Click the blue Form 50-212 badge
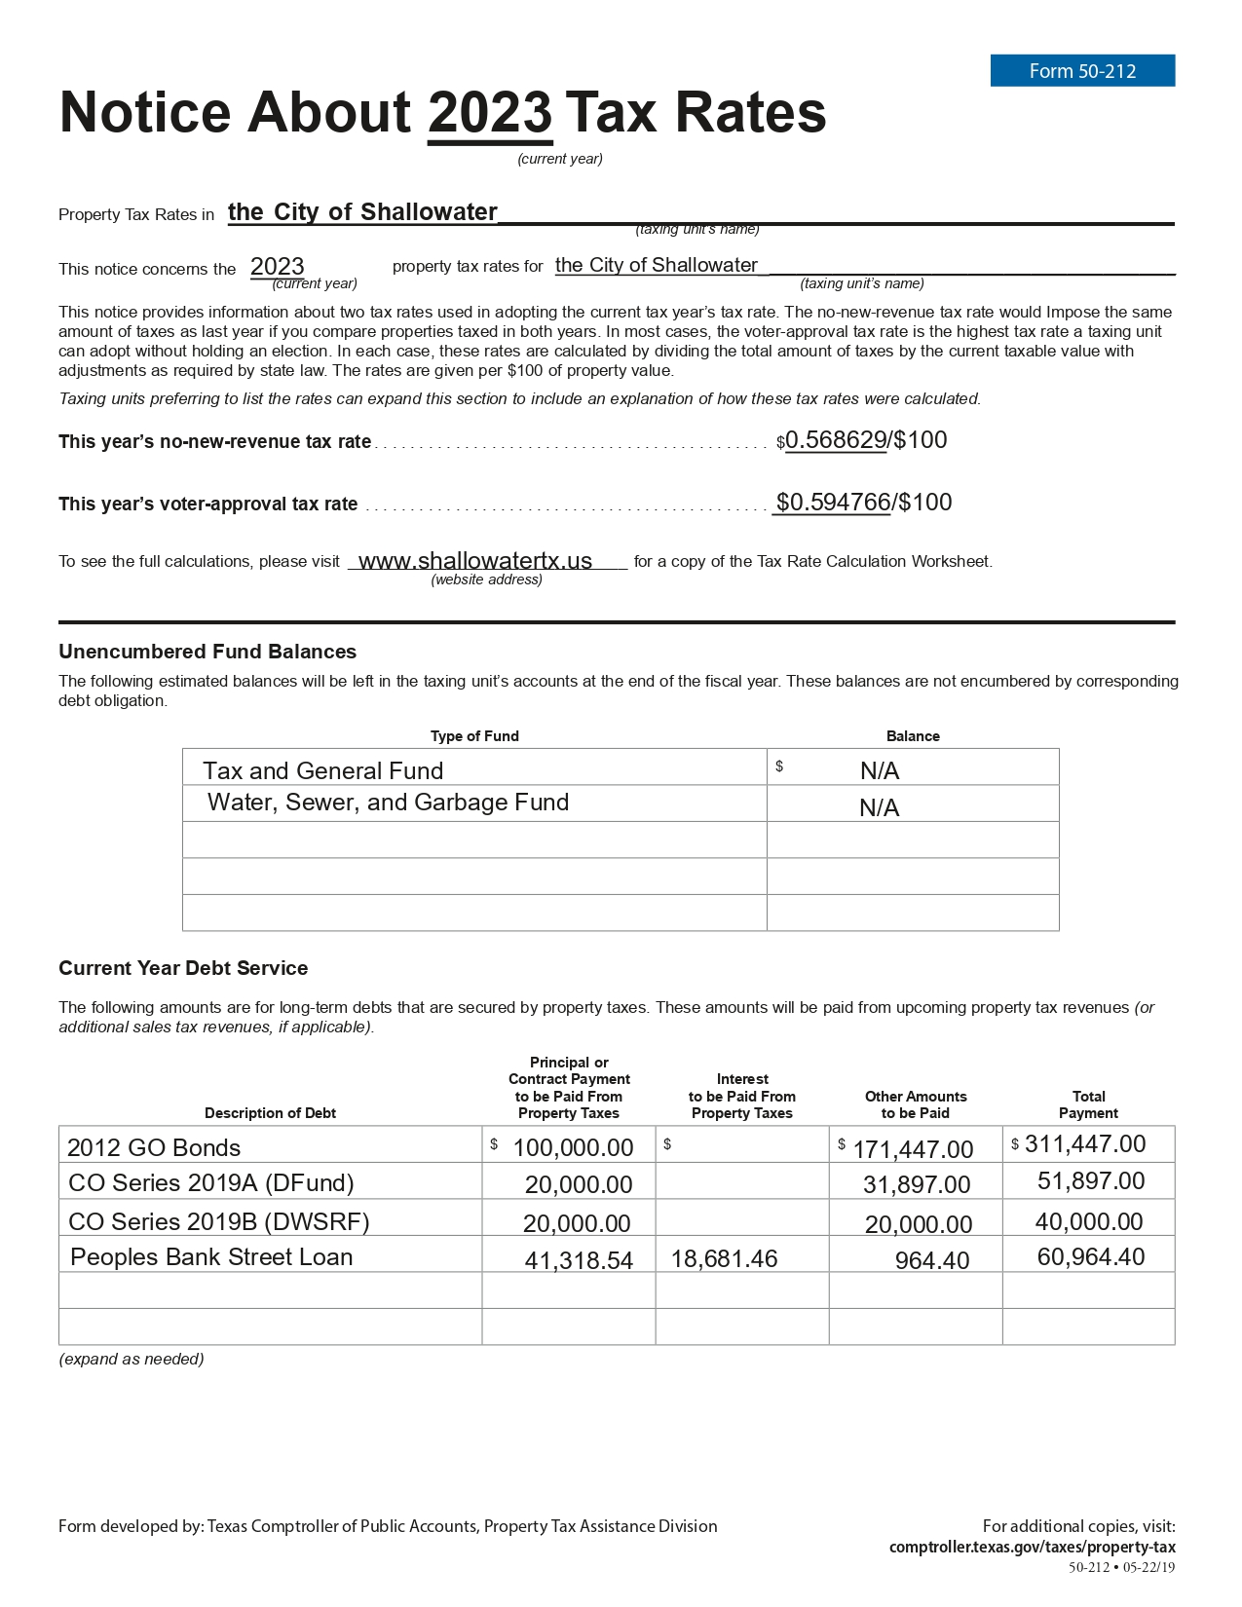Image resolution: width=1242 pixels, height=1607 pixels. (x=1082, y=71)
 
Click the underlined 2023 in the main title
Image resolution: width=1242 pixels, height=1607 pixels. (x=490, y=113)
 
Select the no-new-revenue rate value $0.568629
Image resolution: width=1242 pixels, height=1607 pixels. (x=836, y=440)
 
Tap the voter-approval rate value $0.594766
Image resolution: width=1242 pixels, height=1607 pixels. (x=833, y=503)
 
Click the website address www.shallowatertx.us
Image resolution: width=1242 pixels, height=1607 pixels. (x=475, y=561)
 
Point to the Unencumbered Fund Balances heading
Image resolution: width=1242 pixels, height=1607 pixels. (x=207, y=652)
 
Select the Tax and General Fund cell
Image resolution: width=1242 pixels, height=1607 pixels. (x=323, y=771)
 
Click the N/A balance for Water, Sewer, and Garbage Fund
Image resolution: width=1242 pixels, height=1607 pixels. (x=879, y=807)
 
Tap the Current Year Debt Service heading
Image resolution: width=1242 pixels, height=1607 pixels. (x=183, y=968)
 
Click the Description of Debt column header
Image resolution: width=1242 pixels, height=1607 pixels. (x=270, y=1113)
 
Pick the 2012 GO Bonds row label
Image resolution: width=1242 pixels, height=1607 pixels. (x=154, y=1147)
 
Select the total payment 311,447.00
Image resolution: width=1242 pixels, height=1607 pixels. (x=1085, y=1144)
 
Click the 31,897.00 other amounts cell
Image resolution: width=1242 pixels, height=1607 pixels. (x=917, y=1184)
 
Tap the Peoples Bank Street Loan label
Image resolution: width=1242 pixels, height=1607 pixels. (x=211, y=1257)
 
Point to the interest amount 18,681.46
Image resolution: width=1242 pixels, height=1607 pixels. (x=724, y=1259)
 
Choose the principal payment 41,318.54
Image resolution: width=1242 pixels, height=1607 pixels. (x=579, y=1260)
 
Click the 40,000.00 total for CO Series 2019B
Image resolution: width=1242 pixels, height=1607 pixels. (x=1089, y=1221)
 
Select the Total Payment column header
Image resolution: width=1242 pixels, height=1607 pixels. (x=1088, y=1104)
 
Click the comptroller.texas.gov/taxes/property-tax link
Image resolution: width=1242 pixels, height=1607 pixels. (x=1032, y=1547)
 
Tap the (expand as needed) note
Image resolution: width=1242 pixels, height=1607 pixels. (x=132, y=1359)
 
